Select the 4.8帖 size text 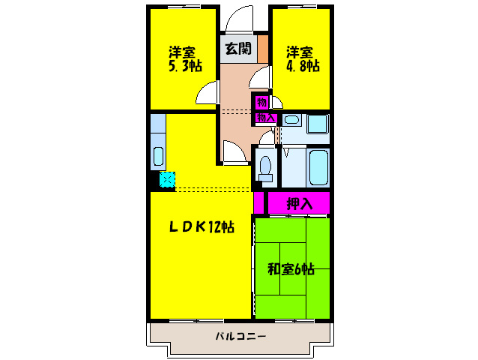pos(302,65)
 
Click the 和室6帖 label pos(291,268)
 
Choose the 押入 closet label pos(298,202)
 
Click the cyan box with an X pos(167,179)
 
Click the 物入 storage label pos(266,118)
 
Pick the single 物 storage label pos(261,102)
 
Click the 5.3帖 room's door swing pos(208,93)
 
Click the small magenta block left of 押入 pos(258,202)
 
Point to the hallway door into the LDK pos(234,152)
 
